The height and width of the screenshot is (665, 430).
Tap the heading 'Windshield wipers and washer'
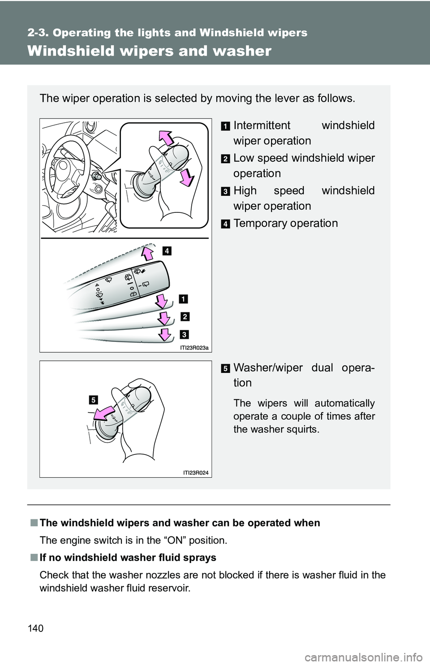tap(149, 51)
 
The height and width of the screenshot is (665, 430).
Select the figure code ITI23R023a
tap(194, 348)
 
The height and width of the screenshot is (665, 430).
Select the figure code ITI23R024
tap(196, 473)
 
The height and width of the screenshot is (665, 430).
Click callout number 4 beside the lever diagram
tap(167, 251)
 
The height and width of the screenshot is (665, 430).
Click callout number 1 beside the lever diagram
tap(183, 299)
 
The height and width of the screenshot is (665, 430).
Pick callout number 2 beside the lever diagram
tap(185, 317)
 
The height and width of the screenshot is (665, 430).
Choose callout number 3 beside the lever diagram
tap(184, 335)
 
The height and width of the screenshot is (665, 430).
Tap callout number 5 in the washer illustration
tap(93, 400)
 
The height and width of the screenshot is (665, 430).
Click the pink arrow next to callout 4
tap(147, 253)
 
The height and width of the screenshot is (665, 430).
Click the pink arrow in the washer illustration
tap(104, 414)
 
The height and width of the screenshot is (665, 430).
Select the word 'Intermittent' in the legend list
tap(262, 125)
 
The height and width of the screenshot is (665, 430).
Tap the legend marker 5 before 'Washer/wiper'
tap(226, 369)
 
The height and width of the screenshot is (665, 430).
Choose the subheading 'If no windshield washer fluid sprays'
tap(128, 558)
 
